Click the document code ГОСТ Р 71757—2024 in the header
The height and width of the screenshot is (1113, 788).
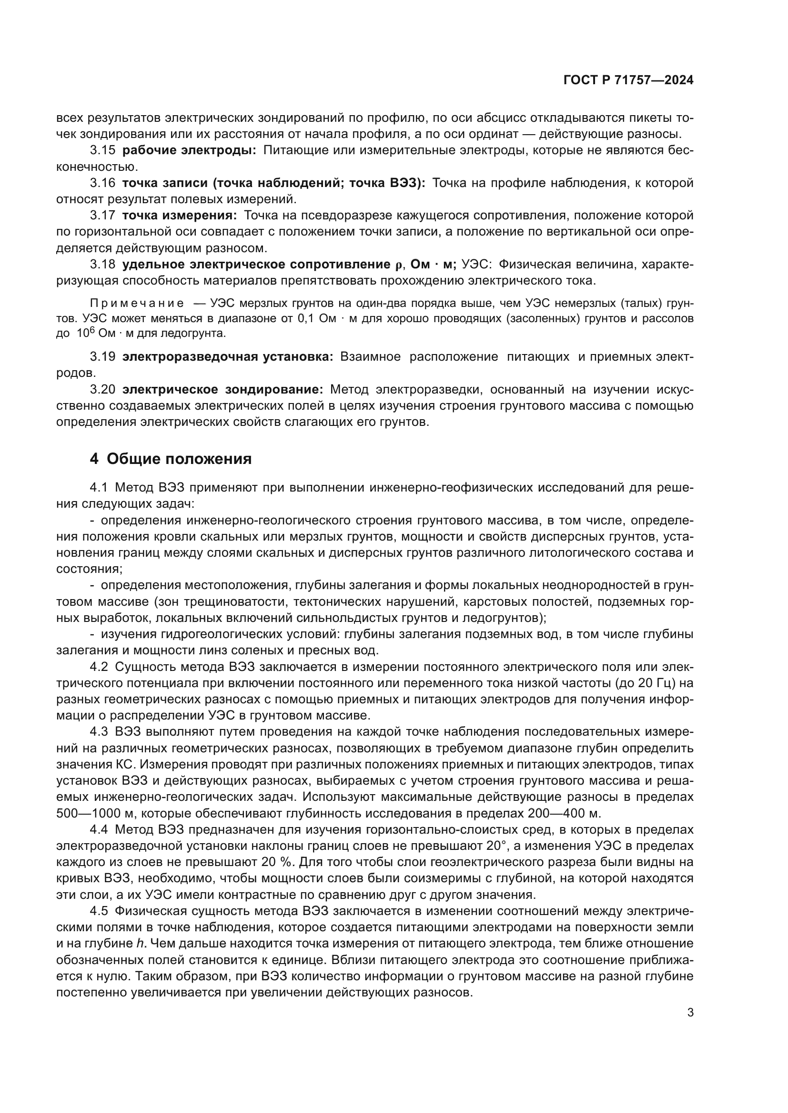(x=628, y=80)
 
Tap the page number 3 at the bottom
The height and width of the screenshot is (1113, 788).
(x=690, y=1013)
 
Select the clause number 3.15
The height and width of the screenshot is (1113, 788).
(x=102, y=150)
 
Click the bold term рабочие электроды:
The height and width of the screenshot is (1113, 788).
(x=189, y=150)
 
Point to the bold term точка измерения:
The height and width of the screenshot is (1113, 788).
(x=180, y=215)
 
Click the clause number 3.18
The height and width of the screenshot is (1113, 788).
(x=102, y=264)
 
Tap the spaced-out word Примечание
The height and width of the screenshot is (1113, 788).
(x=137, y=304)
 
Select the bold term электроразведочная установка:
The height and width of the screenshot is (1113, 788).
(x=228, y=357)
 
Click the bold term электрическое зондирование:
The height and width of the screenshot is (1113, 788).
(x=222, y=389)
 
